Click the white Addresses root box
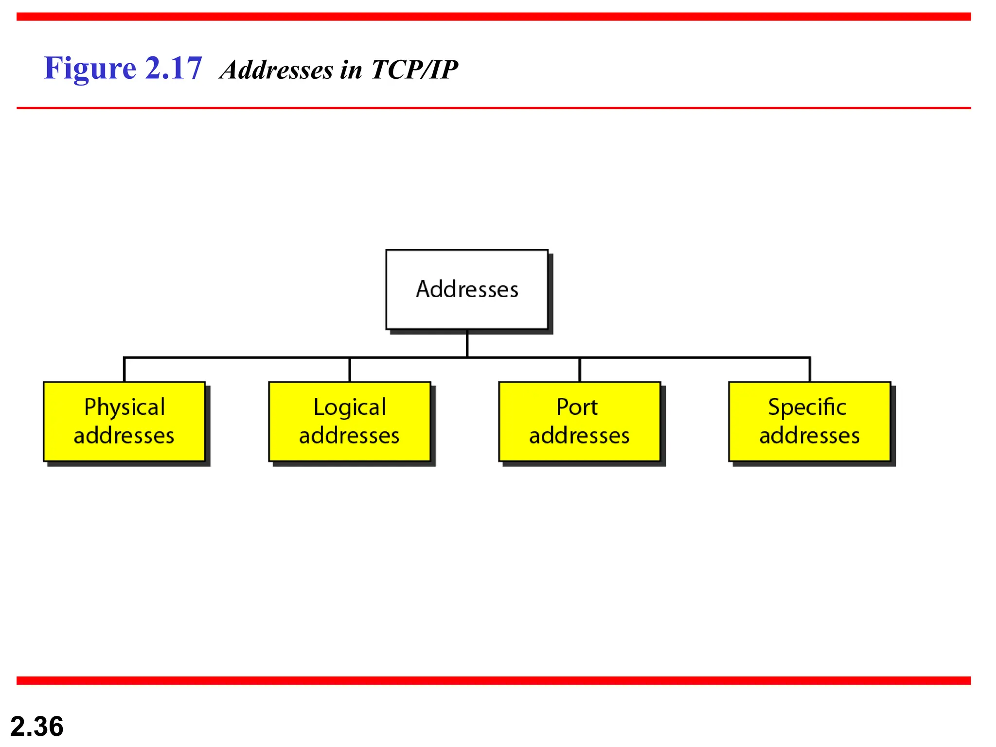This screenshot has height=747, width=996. [x=467, y=289]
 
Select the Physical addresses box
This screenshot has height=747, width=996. [x=124, y=422]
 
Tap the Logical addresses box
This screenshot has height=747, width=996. [x=350, y=422]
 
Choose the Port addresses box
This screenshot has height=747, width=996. [x=580, y=422]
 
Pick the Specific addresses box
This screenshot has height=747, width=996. [x=810, y=422]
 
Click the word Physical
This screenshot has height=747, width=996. [x=124, y=407]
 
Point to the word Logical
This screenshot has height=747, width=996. [x=350, y=407]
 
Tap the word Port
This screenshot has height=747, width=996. [x=577, y=407]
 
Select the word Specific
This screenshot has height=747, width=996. [x=807, y=407]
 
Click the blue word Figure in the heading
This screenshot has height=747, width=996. [x=90, y=68]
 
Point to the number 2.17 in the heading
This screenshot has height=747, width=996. [x=174, y=68]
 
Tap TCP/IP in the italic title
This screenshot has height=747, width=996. [x=414, y=70]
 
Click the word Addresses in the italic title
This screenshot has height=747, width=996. [x=277, y=70]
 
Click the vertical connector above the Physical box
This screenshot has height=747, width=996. [x=124, y=370]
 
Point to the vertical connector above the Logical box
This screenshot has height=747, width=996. [x=350, y=370]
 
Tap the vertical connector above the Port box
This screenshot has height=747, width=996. [x=580, y=370]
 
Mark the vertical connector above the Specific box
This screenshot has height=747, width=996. [x=810, y=370]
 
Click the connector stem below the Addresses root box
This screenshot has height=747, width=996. [x=467, y=344]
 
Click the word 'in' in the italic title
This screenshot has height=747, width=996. [x=351, y=70]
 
